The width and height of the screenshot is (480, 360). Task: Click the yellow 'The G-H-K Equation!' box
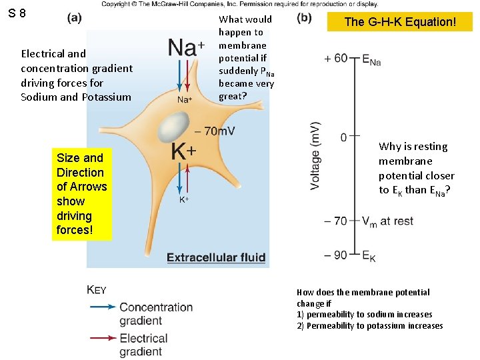pyautogui.click(x=400, y=22)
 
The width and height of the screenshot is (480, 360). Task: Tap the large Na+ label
pyautogui.click(x=186, y=47)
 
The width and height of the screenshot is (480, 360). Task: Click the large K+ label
pyautogui.click(x=183, y=151)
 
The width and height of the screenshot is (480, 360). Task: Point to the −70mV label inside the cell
pyautogui.click(x=215, y=131)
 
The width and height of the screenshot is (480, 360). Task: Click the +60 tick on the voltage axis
pyautogui.click(x=336, y=59)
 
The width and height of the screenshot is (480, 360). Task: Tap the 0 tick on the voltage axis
pyautogui.click(x=343, y=137)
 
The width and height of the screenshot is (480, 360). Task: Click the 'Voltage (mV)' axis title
pyautogui.click(x=316, y=155)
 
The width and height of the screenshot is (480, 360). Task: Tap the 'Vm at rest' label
pyautogui.click(x=387, y=221)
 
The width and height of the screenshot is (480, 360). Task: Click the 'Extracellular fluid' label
pyautogui.click(x=216, y=258)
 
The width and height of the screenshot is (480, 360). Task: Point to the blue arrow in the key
pyautogui.click(x=101, y=307)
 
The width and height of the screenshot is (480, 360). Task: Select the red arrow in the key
pyautogui.click(x=101, y=339)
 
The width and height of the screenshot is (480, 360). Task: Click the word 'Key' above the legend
pyautogui.click(x=97, y=290)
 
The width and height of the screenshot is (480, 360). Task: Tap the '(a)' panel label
pyautogui.click(x=75, y=18)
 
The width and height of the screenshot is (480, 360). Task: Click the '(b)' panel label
pyautogui.click(x=303, y=18)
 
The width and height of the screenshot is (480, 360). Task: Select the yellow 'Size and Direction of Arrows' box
pyautogui.click(x=81, y=194)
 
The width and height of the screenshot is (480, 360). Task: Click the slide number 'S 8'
pyautogui.click(x=18, y=13)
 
